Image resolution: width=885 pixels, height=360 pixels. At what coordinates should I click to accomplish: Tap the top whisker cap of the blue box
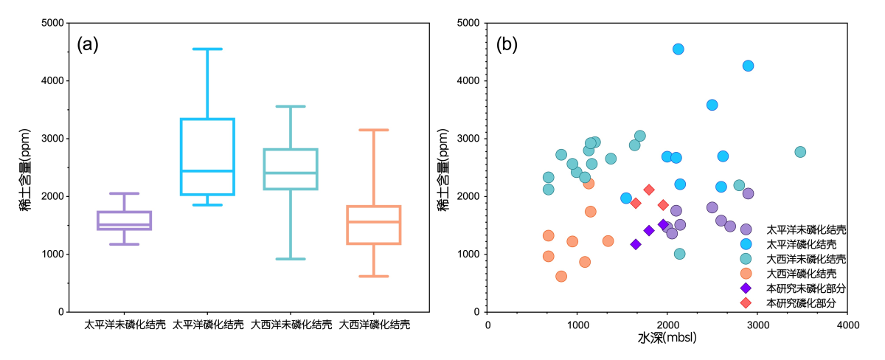pyautogui.click(x=208, y=49)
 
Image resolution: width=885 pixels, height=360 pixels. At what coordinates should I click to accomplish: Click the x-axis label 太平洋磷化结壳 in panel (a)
pyautogui.click(x=208, y=324)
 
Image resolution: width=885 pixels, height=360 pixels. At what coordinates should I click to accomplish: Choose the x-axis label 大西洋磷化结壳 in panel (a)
pyautogui.click(x=374, y=324)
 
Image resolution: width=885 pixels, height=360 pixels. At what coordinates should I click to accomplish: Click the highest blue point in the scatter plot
pyautogui.click(x=678, y=49)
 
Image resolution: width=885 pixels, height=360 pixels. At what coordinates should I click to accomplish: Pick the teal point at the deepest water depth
pyautogui.click(x=800, y=152)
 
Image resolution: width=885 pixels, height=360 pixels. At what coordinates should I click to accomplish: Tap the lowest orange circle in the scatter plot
pyautogui.click(x=561, y=277)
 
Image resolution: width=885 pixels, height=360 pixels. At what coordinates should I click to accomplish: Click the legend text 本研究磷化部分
pyautogui.click(x=800, y=303)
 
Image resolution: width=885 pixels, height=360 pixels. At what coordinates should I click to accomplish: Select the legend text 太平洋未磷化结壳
pyautogui.click(x=805, y=229)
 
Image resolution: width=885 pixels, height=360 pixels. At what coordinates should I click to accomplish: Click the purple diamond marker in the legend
pyautogui.click(x=746, y=288)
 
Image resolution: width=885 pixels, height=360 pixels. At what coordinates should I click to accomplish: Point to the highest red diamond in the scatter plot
pyautogui.click(x=649, y=190)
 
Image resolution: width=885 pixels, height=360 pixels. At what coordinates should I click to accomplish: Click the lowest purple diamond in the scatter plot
pyautogui.click(x=636, y=244)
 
